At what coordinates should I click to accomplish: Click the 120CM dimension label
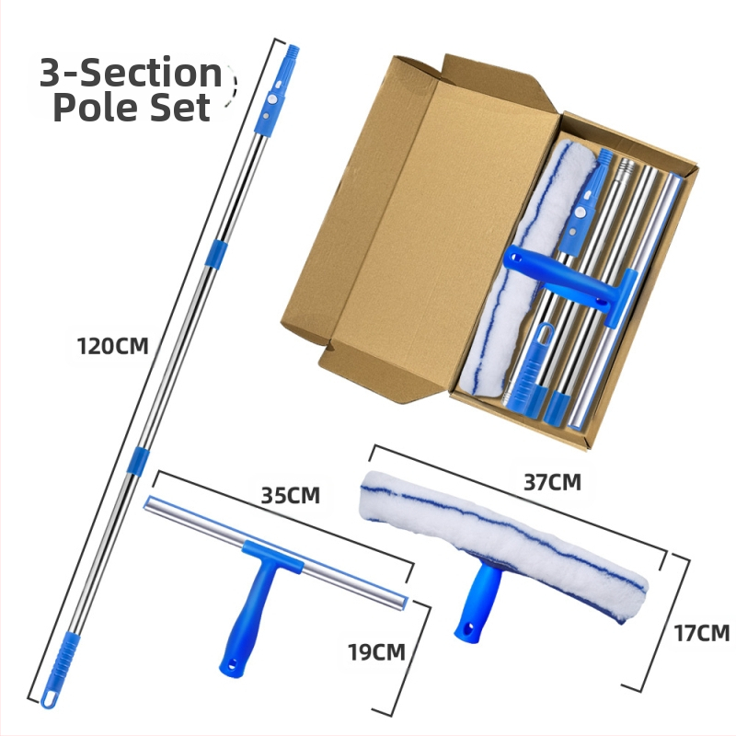112,347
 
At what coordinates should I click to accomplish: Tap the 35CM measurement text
291,496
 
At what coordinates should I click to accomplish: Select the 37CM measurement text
553,482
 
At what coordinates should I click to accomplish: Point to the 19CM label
376,652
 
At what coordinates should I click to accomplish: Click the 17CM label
702,633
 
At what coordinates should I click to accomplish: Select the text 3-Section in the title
131,73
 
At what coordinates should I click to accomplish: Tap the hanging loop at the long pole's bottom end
49,698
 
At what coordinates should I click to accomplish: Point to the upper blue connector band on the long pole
215,254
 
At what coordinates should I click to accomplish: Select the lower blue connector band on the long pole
138,461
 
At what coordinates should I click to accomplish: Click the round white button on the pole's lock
271,99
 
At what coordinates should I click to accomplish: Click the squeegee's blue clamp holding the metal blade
272,557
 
